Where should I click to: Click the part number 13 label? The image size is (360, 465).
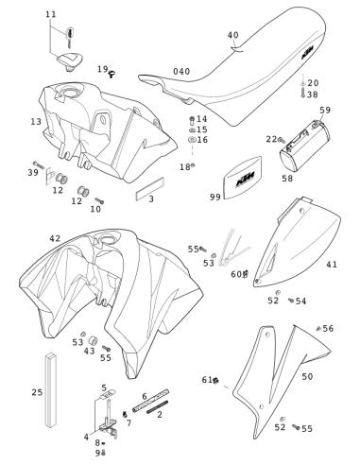[x=36, y=121]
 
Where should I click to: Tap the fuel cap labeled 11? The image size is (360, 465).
[x=70, y=61]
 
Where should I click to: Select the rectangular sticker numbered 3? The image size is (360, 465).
[x=150, y=189]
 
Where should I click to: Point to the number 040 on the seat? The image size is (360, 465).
[x=181, y=72]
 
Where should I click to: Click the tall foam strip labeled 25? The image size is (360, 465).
[x=50, y=390]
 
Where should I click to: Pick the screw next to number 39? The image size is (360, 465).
[x=38, y=164]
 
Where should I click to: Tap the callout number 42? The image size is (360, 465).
[x=55, y=238]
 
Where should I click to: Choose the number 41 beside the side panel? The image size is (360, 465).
[x=332, y=264]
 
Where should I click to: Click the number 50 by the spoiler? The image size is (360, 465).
[x=307, y=376]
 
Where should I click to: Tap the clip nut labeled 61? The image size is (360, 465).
[x=215, y=381]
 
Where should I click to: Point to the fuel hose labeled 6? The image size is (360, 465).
[x=150, y=400]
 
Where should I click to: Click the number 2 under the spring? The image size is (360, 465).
[x=160, y=415]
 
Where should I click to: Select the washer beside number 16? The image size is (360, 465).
[x=192, y=140]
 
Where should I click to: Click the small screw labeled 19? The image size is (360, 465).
[x=111, y=74]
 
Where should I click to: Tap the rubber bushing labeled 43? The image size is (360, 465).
[x=93, y=340]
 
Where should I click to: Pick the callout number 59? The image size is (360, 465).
[x=325, y=110]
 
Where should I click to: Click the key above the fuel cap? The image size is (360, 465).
[x=70, y=36]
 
